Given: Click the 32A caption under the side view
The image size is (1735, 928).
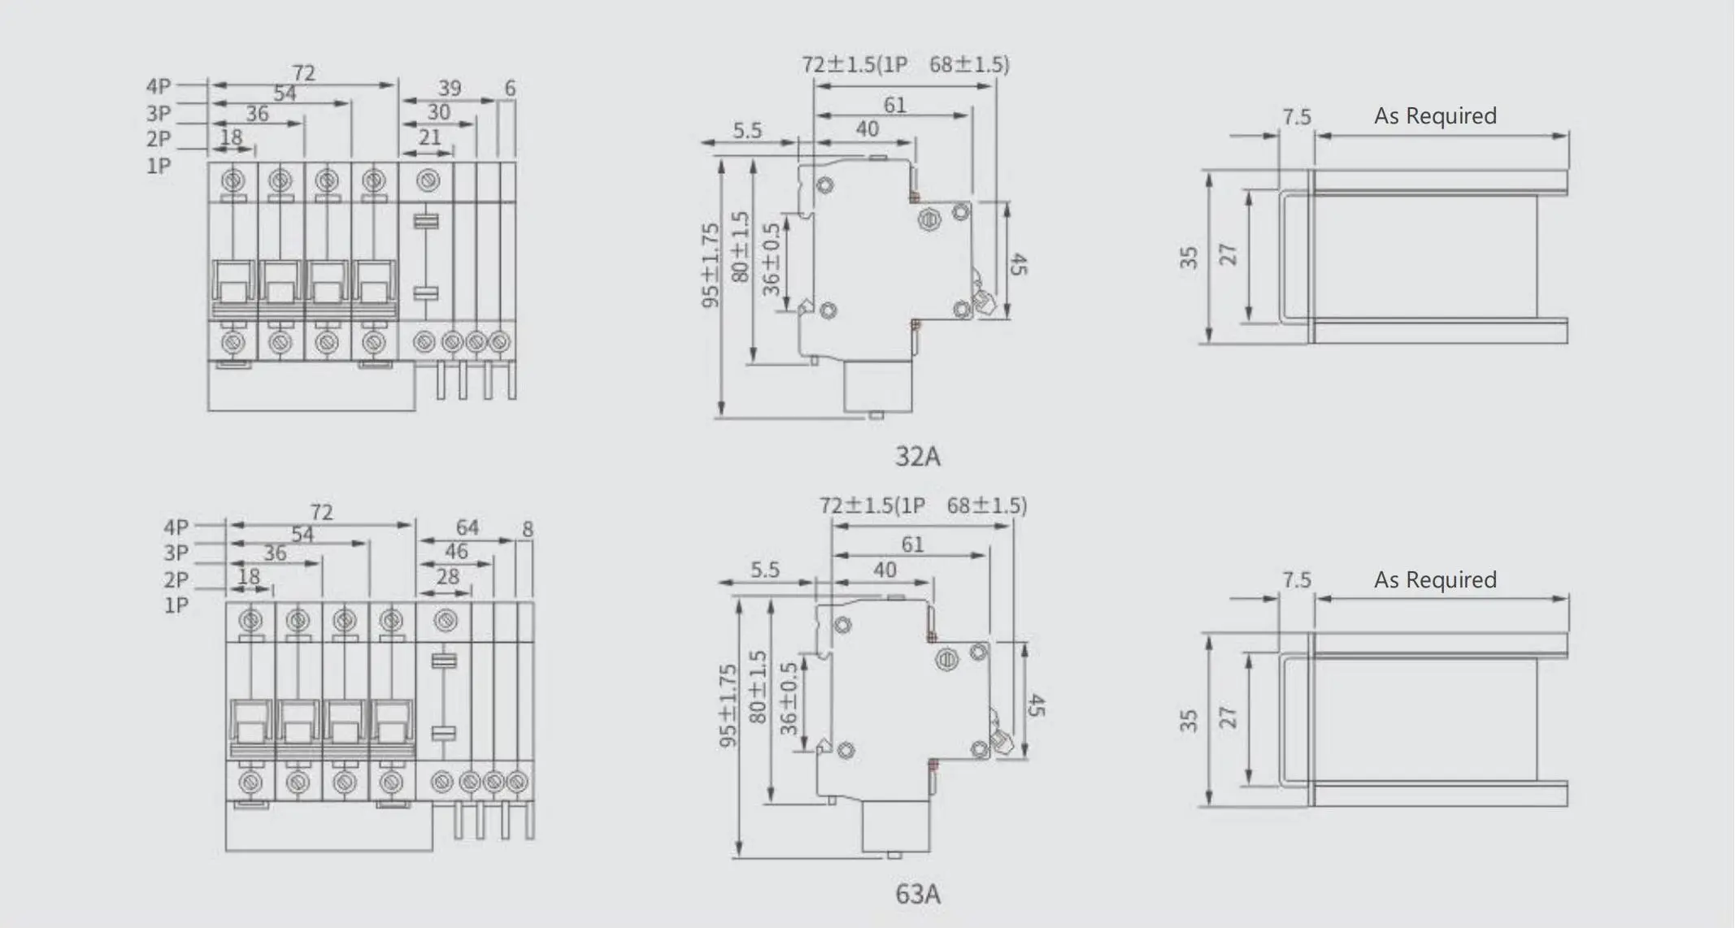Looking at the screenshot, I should (917, 457).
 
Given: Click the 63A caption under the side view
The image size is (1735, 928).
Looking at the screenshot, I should (917, 895).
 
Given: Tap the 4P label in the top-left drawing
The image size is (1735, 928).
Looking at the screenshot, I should (159, 86).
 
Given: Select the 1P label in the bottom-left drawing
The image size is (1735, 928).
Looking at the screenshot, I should (176, 605).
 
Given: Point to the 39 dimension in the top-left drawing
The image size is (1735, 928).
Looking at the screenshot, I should (450, 88).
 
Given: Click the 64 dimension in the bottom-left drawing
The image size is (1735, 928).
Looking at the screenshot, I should (467, 528).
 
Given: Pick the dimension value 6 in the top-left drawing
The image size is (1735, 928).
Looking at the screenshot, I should (510, 88).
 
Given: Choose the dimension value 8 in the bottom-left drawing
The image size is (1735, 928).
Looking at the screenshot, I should (528, 529).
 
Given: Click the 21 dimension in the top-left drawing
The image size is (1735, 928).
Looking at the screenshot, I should (430, 137).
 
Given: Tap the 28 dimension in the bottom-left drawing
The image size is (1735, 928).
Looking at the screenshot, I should (448, 577).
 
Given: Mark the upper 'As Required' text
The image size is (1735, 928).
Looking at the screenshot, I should (1435, 116).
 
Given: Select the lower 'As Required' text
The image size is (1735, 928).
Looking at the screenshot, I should (1435, 580).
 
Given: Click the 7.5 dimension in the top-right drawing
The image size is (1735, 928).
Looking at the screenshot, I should (1297, 117).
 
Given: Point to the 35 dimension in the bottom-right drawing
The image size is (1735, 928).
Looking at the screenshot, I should (1189, 721).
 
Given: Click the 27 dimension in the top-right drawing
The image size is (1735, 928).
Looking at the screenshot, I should (1228, 254).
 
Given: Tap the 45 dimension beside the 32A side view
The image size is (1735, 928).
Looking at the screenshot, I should (1019, 264).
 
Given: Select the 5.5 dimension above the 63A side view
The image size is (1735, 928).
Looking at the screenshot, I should (765, 570).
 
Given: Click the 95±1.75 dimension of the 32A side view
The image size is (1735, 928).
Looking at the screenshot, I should (711, 266).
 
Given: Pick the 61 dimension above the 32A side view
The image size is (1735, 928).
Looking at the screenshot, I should (895, 105).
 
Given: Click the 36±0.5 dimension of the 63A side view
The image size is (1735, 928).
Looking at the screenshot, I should (789, 699).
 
